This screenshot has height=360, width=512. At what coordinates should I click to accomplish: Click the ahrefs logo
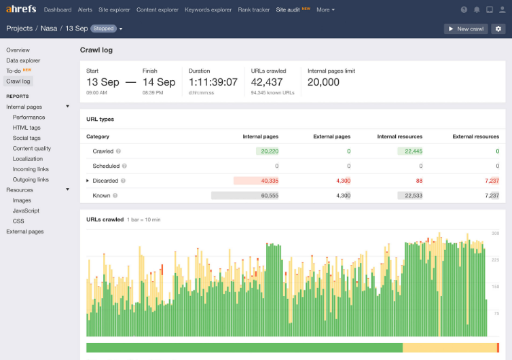21,10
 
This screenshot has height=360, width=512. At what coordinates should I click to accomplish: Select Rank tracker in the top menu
254,10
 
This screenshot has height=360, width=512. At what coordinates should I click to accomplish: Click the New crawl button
466,29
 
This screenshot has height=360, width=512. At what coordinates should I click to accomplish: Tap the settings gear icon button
498,29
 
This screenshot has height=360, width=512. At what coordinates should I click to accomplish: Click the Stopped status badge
103,29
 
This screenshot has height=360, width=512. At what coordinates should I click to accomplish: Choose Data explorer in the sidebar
23,60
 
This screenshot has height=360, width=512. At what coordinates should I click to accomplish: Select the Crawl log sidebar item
19,82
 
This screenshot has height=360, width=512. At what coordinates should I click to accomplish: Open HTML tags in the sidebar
26,128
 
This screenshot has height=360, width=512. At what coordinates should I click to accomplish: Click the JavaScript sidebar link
26,211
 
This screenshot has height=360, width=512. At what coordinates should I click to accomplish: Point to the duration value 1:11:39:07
213,82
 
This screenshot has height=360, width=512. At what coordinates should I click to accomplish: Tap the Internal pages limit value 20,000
323,82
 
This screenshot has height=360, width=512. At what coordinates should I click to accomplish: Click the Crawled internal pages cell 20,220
269,151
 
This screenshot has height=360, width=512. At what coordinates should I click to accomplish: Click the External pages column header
331,137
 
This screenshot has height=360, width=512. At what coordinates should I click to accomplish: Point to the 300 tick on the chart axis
495,233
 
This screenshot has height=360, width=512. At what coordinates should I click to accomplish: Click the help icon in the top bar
464,10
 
